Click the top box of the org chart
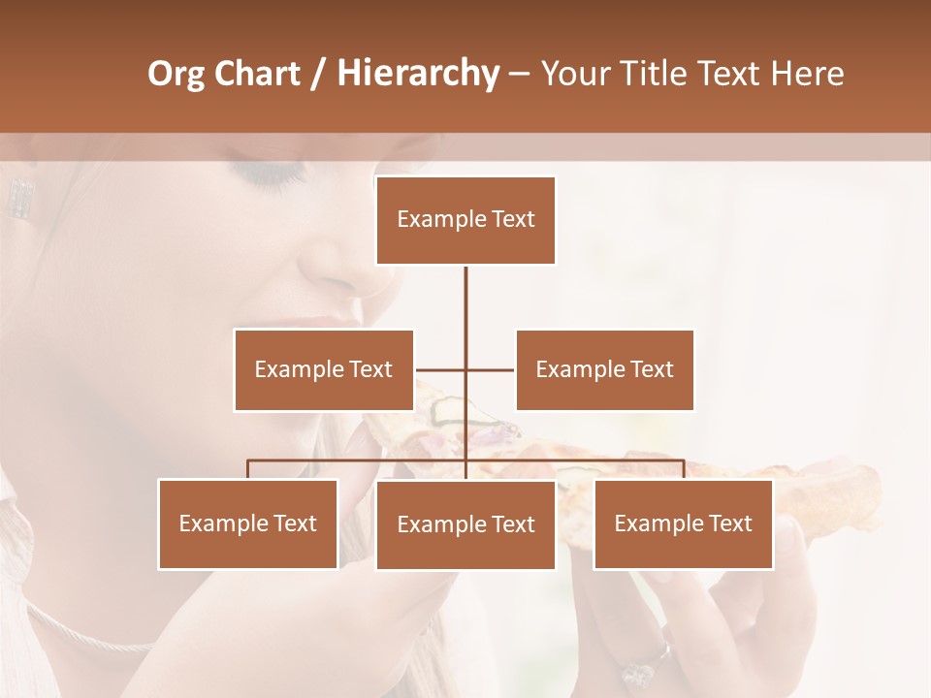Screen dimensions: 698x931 (465, 220)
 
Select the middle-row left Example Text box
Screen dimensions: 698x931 (324, 369)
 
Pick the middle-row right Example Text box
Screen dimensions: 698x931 (604, 369)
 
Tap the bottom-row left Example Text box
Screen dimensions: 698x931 (248, 523)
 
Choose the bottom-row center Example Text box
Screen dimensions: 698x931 (465, 524)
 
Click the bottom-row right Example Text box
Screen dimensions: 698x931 (683, 523)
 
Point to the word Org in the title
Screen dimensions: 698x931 (177, 74)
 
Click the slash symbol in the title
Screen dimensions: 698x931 (318, 74)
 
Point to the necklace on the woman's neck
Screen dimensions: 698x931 (87, 635)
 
